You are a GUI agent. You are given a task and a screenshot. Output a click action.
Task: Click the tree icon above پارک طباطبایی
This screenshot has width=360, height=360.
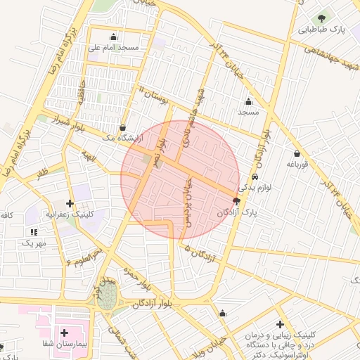(321, 18)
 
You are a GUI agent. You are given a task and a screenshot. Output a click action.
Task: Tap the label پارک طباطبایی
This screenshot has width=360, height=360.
(321, 31)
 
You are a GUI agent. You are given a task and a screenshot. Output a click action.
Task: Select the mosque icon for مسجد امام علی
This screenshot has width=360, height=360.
(114, 37)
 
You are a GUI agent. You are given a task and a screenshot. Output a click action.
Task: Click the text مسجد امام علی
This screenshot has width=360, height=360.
(113, 48)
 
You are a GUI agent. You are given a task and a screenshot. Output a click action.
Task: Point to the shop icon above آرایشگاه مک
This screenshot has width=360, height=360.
(124, 127)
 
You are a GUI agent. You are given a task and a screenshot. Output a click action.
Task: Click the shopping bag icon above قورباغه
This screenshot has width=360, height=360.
(297, 153)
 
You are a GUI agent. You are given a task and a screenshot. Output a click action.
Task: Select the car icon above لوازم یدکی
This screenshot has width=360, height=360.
(255, 176)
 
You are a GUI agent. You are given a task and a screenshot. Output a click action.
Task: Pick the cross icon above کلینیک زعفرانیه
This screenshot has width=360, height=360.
(70, 203)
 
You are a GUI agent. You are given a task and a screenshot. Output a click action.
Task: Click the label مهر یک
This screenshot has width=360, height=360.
(32, 243)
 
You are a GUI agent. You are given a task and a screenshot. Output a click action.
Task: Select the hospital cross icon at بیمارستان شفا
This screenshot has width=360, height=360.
(65, 332)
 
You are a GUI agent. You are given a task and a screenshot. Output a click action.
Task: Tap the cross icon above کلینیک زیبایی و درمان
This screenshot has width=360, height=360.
(281, 324)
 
